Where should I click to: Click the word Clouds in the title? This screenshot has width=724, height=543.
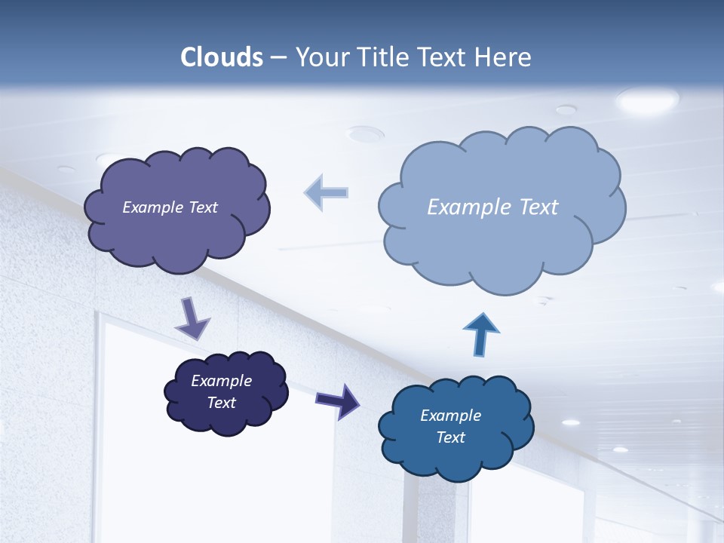pyautogui.click(x=222, y=57)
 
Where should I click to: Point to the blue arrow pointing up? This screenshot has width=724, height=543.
pyautogui.click(x=481, y=334)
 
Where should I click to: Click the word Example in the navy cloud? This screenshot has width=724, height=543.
pyautogui.click(x=221, y=381)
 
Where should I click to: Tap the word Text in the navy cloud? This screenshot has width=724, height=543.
pyautogui.click(x=221, y=403)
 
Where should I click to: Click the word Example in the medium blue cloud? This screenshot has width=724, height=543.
pyautogui.click(x=450, y=416)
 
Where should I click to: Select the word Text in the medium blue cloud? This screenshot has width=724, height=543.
pyautogui.click(x=450, y=437)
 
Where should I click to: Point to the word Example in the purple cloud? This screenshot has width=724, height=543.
pyautogui.click(x=153, y=207)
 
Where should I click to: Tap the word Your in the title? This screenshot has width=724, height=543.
pyautogui.click(x=321, y=57)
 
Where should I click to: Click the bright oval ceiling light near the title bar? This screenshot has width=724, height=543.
pyautogui.click(x=647, y=99)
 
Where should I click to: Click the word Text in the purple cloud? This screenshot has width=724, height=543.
pyautogui.click(x=203, y=207)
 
